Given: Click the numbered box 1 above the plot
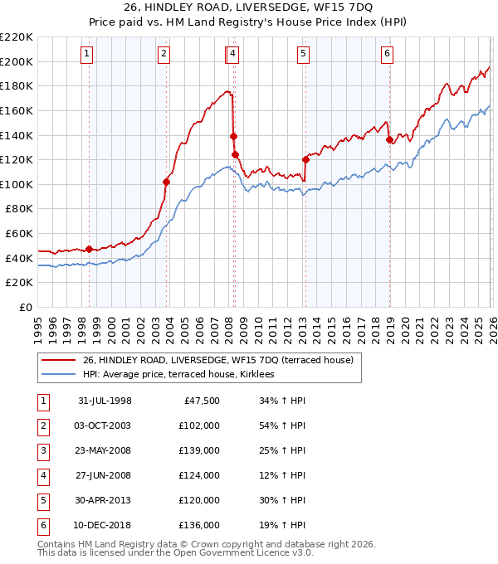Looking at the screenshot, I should pyautogui.click(x=87, y=54).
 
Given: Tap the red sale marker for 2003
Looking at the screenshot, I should pyautogui.click(x=166, y=182).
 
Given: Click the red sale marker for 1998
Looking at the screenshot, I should pyautogui.click(x=89, y=249).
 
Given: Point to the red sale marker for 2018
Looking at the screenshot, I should pyautogui.click(x=389, y=139).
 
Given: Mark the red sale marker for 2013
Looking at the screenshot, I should pyautogui.click(x=305, y=159).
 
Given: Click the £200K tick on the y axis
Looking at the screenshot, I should pyautogui.click(x=17, y=61).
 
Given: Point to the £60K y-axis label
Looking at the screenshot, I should pyautogui.click(x=19, y=234).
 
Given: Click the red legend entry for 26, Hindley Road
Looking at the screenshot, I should pyautogui.click(x=218, y=360).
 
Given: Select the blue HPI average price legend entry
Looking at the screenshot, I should pyautogui.click(x=184, y=375).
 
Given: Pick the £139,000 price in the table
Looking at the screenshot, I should pyautogui.click(x=199, y=450).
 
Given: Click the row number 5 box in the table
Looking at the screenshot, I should pyautogui.click(x=42, y=500).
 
